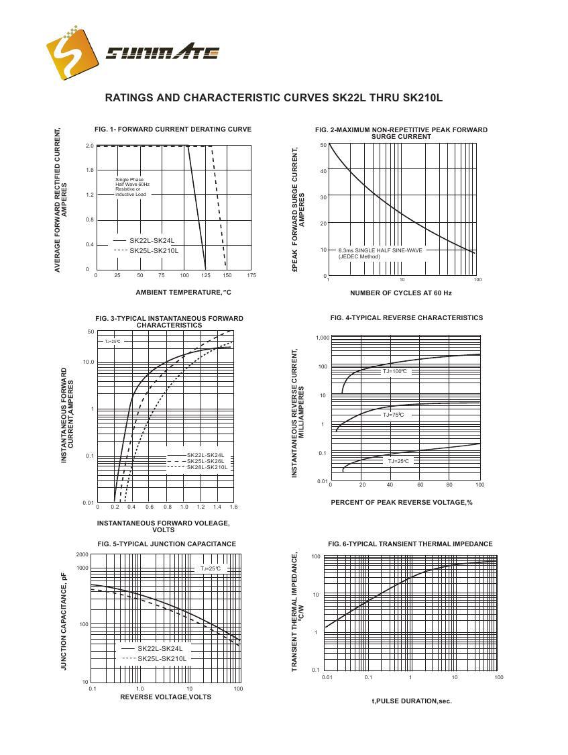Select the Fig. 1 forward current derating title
pos(173,130)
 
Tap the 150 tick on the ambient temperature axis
pos(228,276)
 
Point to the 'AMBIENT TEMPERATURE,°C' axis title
pos(183,292)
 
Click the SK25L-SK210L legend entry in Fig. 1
pos(154,250)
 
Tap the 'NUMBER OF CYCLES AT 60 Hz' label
pos(400,293)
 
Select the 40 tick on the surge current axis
pos(323,171)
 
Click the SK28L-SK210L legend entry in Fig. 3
pos(207,467)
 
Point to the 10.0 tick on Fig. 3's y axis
pos(88,362)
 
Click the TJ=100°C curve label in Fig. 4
pos(395,371)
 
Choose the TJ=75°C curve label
pos(394,415)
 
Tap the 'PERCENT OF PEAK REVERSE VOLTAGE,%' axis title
pos(401,502)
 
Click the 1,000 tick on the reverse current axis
pos(322,338)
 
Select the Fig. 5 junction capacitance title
pos(166,544)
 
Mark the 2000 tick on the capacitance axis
pos(82,554)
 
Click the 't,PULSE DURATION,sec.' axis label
pos(411,701)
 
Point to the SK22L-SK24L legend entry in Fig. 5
pos(160,649)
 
